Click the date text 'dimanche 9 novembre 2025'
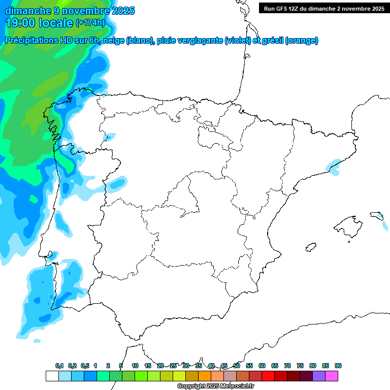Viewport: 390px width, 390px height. pyautogui.click(x=70, y=10)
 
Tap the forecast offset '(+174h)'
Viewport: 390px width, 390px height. pyautogui.click(x=90, y=22)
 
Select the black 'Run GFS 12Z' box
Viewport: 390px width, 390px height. pyautogui.click(x=323, y=8)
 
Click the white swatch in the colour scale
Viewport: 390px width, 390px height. pyautogui.click(x=52, y=376)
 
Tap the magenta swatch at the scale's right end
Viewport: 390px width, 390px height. pyautogui.click(x=332, y=376)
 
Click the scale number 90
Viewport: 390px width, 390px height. pyautogui.click(x=338, y=366)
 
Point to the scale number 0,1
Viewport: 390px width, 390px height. pyautogui.click(x=59, y=366)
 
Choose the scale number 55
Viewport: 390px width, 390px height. pyautogui.click(x=249, y=366)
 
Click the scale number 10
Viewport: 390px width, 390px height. pyautogui.click(x=135, y=366)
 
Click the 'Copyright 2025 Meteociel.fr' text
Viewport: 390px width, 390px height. pyautogui.click(x=215, y=386)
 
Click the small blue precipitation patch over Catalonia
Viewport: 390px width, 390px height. pyautogui.click(x=334, y=166)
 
